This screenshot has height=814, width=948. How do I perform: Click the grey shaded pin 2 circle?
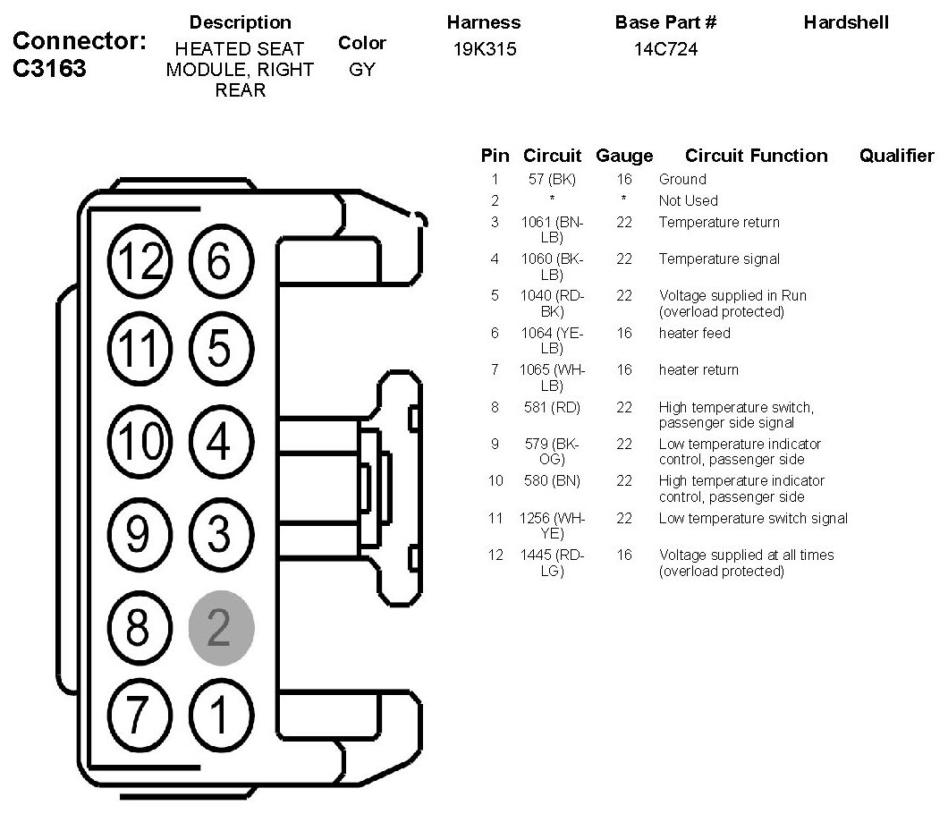tap(222, 626)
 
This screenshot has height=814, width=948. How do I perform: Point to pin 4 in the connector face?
tap(221, 442)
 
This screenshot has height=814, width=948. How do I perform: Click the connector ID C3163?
tap(51, 69)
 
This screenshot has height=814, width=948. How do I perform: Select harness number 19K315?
tap(485, 49)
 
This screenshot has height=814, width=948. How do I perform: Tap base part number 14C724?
tap(665, 49)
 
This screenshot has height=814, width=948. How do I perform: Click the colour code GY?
tap(362, 69)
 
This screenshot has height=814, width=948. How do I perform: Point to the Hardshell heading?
tap(845, 22)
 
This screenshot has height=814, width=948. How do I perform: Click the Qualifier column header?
tap(895, 156)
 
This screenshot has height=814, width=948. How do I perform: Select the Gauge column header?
tap(624, 156)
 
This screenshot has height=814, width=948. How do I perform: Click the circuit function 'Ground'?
tap(682, 179)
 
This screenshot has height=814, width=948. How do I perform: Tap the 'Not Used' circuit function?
tap(688, 200)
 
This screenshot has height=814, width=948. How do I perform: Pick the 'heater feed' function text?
tap(694, 333)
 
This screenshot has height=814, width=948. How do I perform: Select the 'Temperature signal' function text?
tap(719, 259)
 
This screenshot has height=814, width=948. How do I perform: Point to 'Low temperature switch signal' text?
tap(753, 518)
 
